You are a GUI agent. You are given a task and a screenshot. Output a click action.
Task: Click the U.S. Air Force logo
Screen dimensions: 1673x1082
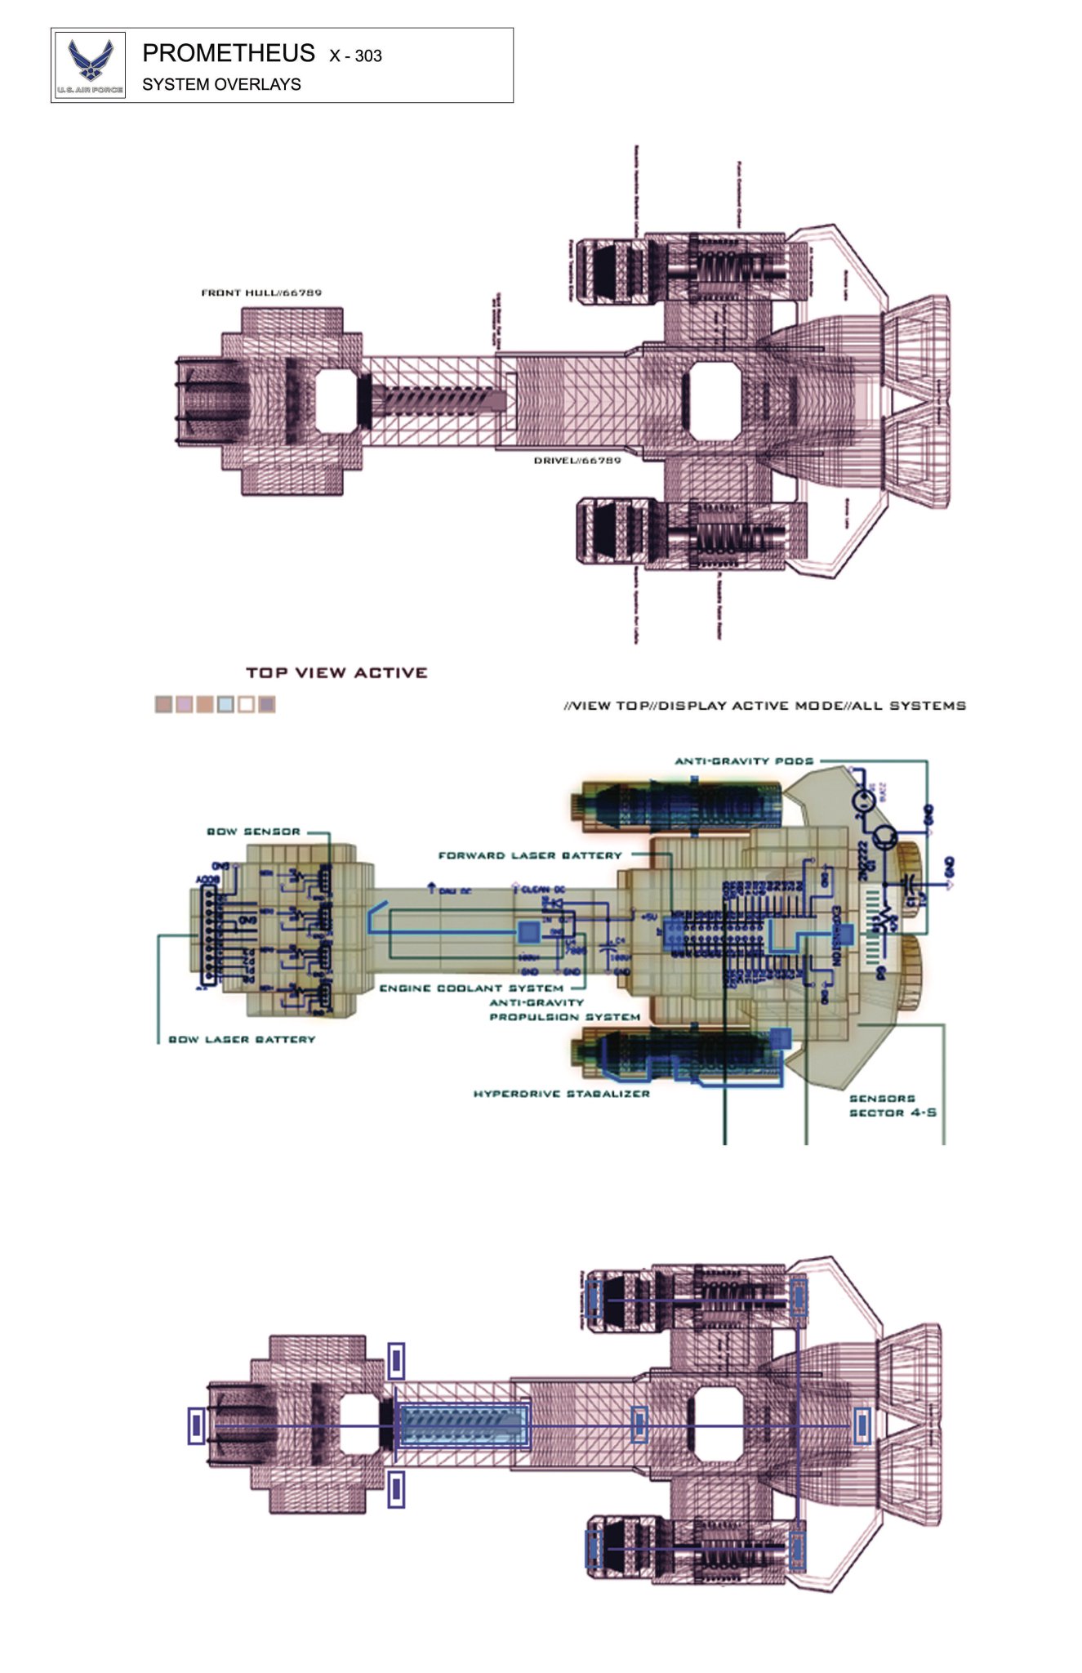tap(90, 65)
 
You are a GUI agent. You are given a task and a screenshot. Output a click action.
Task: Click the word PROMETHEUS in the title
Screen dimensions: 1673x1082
tap(228, 53)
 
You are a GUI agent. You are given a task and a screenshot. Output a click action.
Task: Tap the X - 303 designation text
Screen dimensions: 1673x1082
tap(355, 56)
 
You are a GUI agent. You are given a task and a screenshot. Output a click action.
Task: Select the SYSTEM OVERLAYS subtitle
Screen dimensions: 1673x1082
tap(221, 84)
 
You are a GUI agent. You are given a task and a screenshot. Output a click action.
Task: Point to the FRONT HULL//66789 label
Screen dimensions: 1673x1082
tap(261, 292)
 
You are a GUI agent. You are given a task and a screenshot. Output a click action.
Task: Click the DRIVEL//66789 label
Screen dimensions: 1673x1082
tap(577, 461)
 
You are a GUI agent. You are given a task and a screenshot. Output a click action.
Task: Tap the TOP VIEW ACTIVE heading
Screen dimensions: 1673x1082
tap(336, 672)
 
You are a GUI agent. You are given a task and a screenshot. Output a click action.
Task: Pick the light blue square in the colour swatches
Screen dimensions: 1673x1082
tap(225, 704)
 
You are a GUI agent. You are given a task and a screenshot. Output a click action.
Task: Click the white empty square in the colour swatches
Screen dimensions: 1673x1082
tap(246, 704)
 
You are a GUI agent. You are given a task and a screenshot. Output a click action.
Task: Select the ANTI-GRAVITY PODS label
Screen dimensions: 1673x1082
tap(743, 761)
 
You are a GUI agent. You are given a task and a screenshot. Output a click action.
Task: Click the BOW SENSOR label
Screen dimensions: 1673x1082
tap(253, 832)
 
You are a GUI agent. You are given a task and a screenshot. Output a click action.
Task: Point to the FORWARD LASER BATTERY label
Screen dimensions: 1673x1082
tap(530, 855)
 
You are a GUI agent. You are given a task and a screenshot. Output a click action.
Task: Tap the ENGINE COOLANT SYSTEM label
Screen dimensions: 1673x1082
tap(471, 988)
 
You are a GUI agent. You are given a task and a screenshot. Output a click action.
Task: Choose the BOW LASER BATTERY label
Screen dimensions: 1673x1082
tap(241, 1039)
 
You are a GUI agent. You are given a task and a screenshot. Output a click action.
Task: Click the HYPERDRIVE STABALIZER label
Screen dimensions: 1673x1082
tap(561, 1093)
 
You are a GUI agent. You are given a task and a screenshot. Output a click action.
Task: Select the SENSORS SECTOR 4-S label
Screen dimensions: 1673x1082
tap(892, 1105)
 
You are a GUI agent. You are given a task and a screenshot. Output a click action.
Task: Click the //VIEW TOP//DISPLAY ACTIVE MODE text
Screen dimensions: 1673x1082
tap(764, 705)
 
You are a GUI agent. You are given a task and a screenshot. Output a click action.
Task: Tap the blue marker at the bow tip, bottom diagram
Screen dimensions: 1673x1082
tap(196, 1425)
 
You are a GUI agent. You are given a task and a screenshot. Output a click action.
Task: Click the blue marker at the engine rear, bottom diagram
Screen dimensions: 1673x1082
tap(862, 1426)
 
